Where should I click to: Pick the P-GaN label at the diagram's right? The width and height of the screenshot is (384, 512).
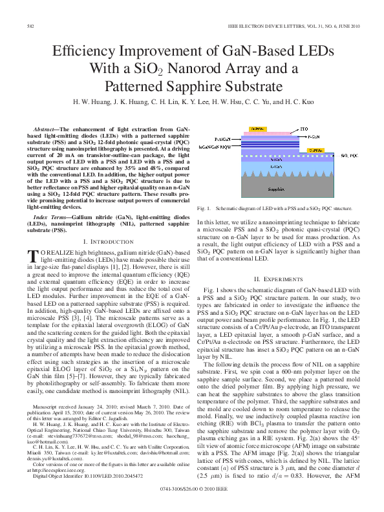click(314, 138)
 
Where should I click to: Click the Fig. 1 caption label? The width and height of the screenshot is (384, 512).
click(204, 209)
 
